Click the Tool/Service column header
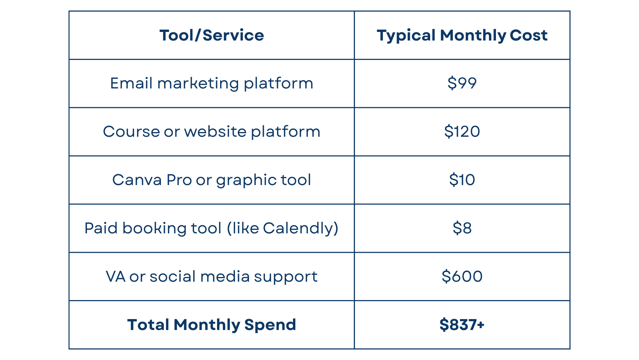[212, 35]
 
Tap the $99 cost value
[462, 83]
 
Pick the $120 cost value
[462, 132]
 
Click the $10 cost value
[462, 180]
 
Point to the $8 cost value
[462, 228]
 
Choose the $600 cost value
[462, 276]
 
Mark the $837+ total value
[462, 325]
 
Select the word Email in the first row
[131, 83]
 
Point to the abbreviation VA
[116, 277]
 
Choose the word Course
[131, 132]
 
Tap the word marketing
[198, 84]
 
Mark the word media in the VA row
[225, 277]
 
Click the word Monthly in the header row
[473, 36]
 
